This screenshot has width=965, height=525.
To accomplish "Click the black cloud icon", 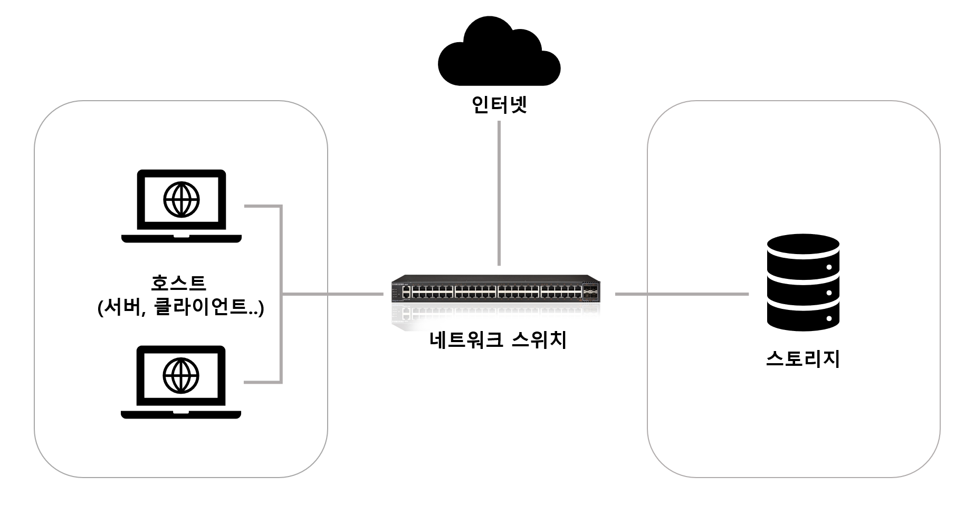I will pos(499,55).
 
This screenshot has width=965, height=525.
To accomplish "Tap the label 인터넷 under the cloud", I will pos(499,105).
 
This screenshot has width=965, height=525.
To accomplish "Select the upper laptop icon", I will pos(181,206).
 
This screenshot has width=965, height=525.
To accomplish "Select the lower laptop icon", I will pos(181,382).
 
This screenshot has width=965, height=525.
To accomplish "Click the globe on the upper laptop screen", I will pos(181,199).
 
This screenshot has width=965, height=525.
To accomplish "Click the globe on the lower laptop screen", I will pos(181,375).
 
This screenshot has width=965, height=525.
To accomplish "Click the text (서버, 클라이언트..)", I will pos(180,307).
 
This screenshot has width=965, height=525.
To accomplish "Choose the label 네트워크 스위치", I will pos(498,340).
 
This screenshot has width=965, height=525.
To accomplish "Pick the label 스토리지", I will pos(802,359).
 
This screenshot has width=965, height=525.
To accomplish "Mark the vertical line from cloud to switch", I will pos(499,193).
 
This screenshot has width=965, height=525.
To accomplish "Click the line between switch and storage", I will pos(682,294).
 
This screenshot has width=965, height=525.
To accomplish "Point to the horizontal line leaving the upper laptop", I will pos(262,206).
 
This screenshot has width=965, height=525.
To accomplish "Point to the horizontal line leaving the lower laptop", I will pos(262,382).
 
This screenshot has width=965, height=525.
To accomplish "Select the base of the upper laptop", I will pos(181,239).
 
